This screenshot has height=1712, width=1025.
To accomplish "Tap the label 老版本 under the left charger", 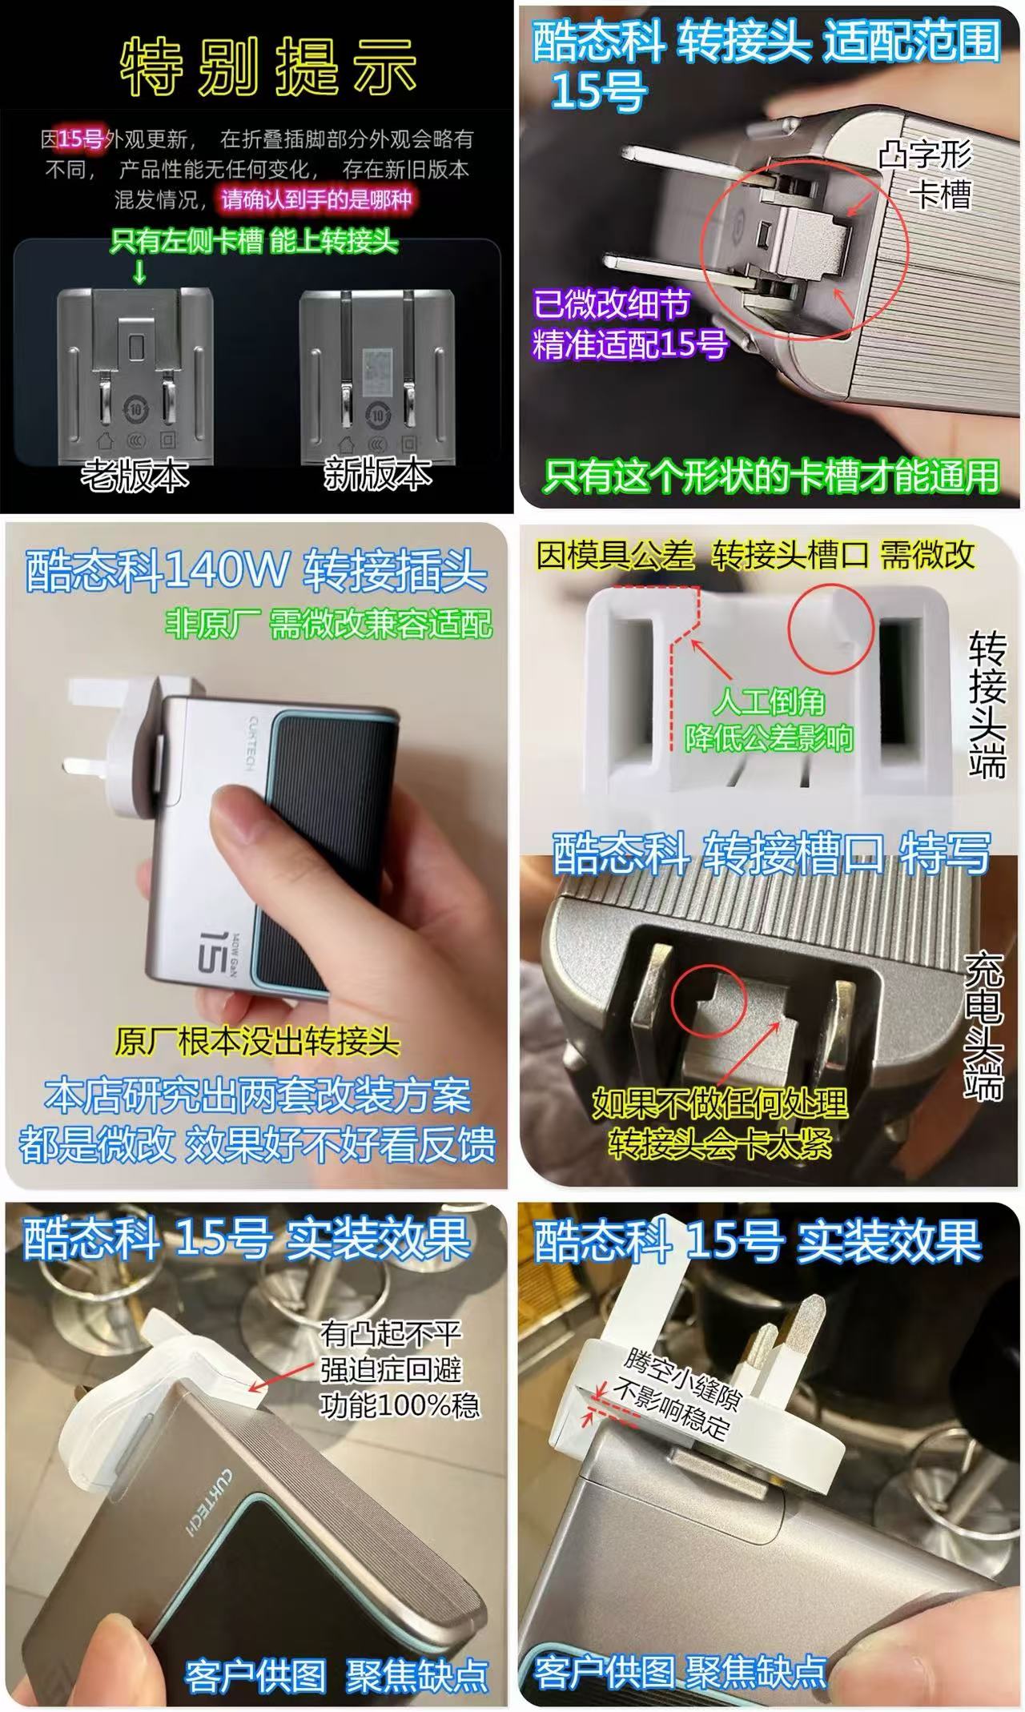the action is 135,475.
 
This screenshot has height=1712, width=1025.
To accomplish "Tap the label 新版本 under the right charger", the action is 377,475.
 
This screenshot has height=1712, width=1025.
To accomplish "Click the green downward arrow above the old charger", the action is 139,272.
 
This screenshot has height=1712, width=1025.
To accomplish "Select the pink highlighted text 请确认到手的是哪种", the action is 316,199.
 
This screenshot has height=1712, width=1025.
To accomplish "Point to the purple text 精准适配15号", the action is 630,345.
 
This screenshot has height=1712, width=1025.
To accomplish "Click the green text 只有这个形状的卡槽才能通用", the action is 770,476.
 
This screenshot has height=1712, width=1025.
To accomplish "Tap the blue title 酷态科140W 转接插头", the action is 256,571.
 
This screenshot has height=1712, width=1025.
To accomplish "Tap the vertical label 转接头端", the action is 987,705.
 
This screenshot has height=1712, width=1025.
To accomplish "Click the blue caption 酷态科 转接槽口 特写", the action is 771,854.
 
